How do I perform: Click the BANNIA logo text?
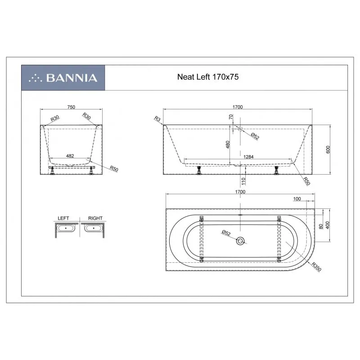click(72, 78)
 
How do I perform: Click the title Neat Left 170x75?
click(208, 76)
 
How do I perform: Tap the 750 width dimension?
click(71, 107)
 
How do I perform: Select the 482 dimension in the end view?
click(70, 156)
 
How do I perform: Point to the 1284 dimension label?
click(248, 157)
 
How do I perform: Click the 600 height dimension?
click(328, 149)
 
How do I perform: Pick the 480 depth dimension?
click(228, 144)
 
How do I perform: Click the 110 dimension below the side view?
click(243, 181)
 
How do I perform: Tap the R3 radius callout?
click(157, 119)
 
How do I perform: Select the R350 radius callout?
click(316, 267)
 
